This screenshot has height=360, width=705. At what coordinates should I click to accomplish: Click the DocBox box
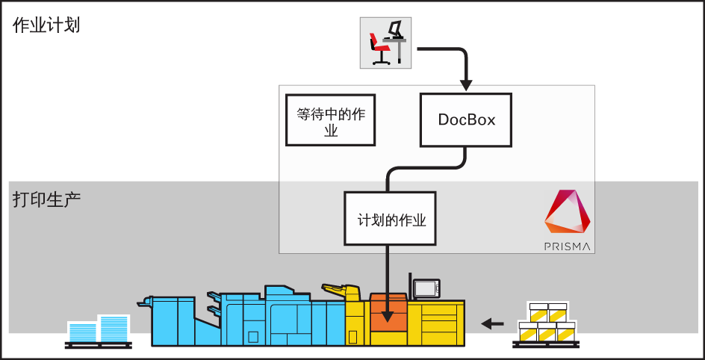coord(466,120)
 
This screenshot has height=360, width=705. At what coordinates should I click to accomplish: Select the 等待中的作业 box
coord(330,120)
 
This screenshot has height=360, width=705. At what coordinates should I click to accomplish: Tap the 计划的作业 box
coord(390,219)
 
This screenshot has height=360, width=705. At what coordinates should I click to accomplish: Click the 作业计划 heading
coord(46,25)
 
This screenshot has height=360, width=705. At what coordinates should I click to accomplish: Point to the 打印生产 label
coord(46,200)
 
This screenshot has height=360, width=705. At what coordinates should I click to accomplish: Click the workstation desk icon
coord(385,42)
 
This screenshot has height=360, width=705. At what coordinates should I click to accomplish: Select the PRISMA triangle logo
coord(568,212)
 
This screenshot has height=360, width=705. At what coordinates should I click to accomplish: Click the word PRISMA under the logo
coord(568,246)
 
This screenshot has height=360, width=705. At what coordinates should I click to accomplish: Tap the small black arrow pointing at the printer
coord(492,323)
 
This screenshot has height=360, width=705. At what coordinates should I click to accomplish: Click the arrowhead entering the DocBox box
coord(466,84)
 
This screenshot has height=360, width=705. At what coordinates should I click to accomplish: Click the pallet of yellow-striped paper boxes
coord(546,324)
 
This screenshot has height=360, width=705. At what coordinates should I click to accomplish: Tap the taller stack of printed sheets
coord(114,328)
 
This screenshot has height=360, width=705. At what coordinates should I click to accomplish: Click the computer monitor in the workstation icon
coord(395,29)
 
